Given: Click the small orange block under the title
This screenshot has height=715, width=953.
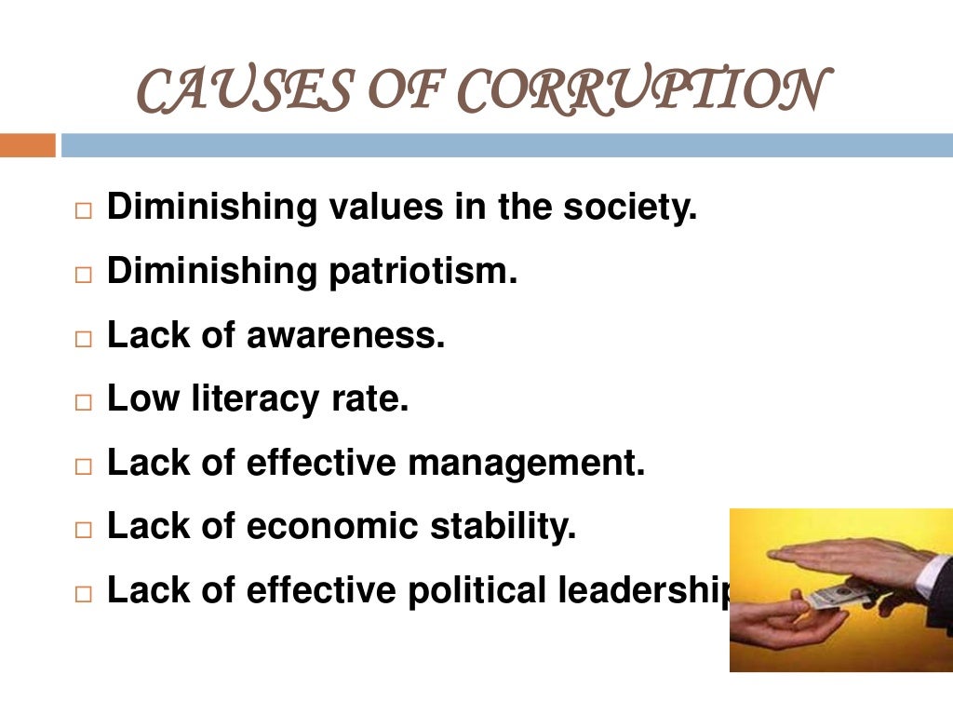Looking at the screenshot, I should tap(28, 145).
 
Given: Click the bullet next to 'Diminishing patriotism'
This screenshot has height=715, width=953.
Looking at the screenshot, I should tap(84, 277).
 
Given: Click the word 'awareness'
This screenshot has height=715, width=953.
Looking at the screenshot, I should tap(345, 335).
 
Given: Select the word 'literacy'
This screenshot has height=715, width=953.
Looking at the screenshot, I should tap(250, 399).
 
